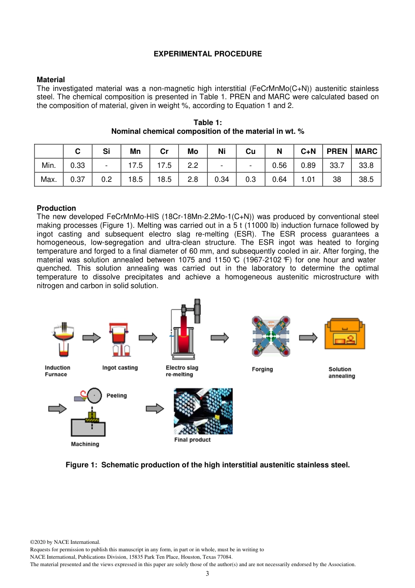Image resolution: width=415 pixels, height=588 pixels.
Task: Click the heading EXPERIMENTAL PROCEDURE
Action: (x=207, y=54)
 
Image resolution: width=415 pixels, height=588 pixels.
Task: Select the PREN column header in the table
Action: (x=337, y=151)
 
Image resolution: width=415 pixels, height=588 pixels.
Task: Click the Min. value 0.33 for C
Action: (x=78, y=165)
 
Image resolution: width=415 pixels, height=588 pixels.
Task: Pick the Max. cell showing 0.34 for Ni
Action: (x=221, y=179)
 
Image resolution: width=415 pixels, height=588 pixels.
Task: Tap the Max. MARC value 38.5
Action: (x=366, y=179)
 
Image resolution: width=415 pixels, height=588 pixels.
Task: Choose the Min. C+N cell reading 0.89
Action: (x=308, y=165)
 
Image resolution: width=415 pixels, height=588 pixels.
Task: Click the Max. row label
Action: (x=49, y=179)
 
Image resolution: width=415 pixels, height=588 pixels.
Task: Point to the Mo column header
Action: (x=193, y=151)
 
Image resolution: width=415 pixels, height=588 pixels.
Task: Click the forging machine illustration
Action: (x=271, y=336)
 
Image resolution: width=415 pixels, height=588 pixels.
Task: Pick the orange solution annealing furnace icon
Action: (x=344, y=334)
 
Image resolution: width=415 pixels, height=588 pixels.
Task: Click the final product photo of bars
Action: (x=203, y=411)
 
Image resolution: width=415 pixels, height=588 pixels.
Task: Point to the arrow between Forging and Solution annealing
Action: (x=308, y=337)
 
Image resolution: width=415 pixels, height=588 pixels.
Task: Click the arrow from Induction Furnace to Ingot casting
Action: (x=91, y=337)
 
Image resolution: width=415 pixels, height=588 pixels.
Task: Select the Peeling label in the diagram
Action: (x=117, y=396)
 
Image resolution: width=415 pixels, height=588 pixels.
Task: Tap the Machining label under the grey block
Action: (x=85, y=444)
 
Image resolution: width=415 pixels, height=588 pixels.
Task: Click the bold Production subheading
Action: (x=56, y=208)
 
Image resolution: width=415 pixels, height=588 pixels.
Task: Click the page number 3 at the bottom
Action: (x=207, y=574)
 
